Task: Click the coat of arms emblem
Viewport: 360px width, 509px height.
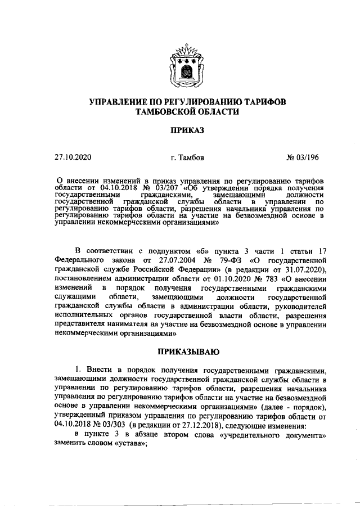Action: (181, 69)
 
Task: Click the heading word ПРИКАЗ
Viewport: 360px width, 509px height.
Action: (180, 130)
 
